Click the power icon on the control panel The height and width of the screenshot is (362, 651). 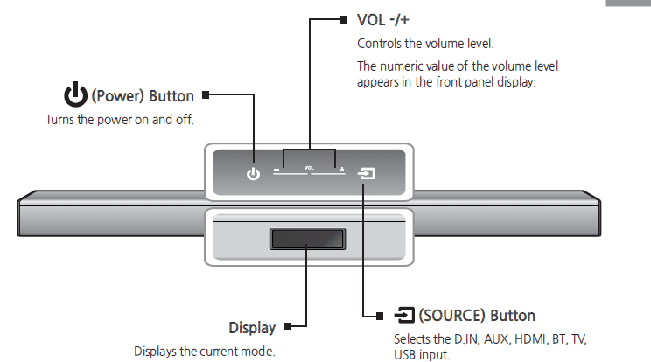click(x=253, y=174)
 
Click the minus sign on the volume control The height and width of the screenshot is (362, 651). click(x=276, y=170)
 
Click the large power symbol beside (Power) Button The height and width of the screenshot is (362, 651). click(x=75, y=94)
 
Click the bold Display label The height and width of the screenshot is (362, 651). click(x=252, y=328)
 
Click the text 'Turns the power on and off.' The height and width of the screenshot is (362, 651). click(x=119, y=119)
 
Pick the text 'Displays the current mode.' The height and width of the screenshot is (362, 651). click(x=204, y=351)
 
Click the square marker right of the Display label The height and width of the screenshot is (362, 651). click(x=287, y=328)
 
